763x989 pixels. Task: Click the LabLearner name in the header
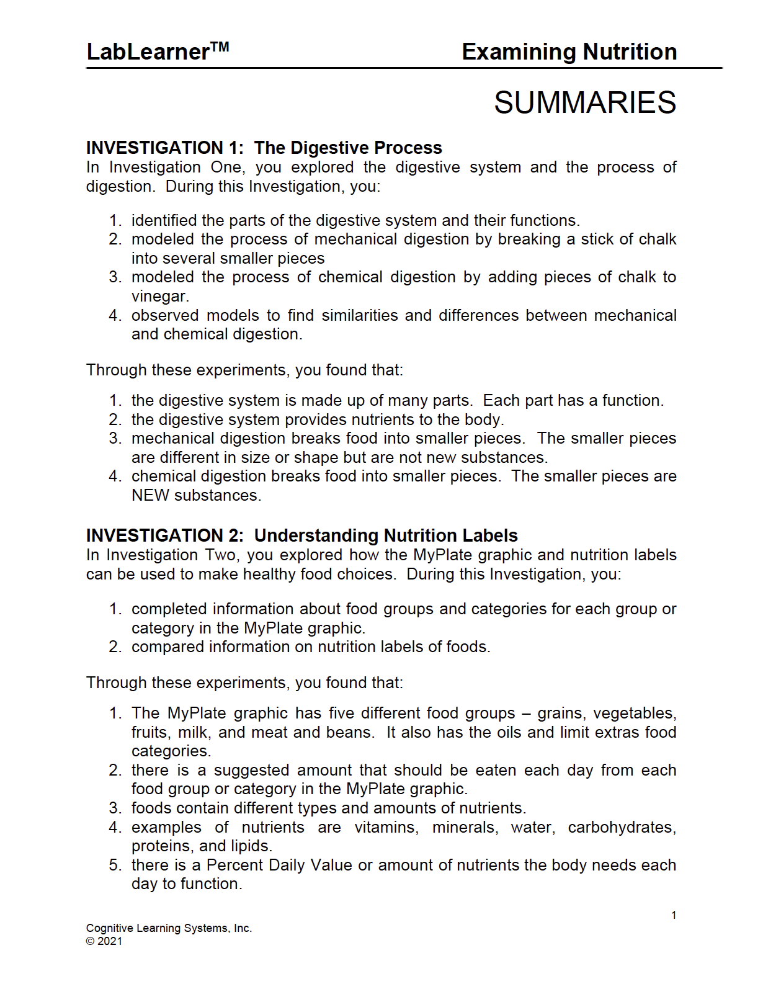[148, 52]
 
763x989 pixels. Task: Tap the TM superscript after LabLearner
[220, 47]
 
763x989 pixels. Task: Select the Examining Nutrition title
[569, 52]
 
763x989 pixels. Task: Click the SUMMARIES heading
[584, 103]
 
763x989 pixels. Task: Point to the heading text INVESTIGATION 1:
[164, 148]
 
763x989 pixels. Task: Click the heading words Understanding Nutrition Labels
[386, 535]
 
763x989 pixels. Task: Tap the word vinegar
[159, 297]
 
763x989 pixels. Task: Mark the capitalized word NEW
[150, 496]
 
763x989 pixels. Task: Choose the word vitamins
[386, 828]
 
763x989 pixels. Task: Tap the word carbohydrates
[622, 828]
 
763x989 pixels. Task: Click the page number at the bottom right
[674, 915]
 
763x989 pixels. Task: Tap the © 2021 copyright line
[104, 941]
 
